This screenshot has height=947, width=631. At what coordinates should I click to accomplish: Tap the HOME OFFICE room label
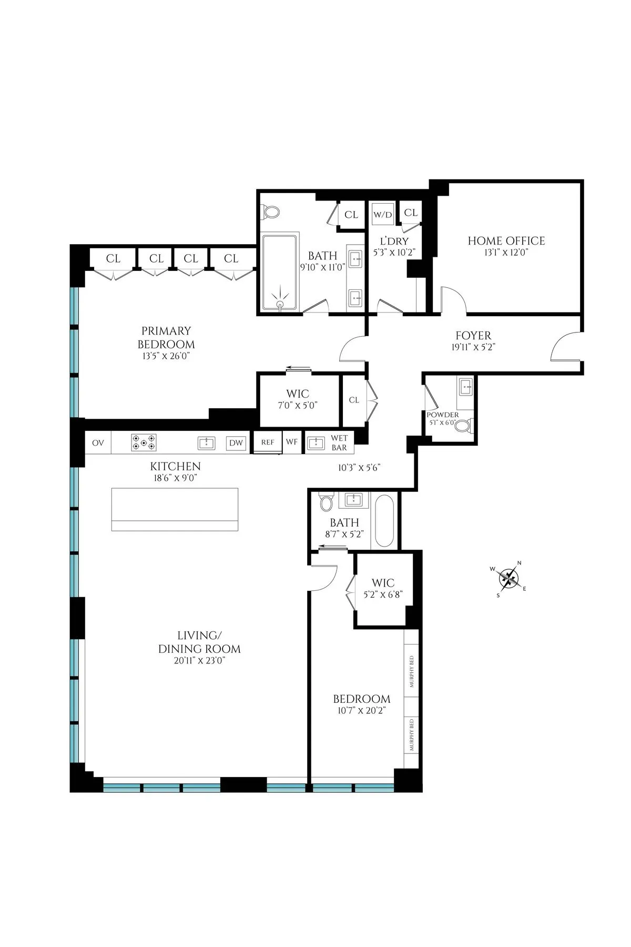(506, 241)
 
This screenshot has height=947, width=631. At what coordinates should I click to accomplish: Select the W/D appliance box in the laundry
(382, 215)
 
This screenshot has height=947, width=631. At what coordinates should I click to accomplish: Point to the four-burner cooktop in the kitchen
(144, 442)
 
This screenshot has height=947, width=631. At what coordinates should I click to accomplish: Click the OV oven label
(98, 443)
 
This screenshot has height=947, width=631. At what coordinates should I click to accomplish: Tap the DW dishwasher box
(236, 443)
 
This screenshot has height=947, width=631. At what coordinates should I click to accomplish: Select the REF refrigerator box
(268, 442)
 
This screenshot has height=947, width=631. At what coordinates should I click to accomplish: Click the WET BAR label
(339, 442)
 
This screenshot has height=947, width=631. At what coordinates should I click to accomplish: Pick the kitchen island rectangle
(175, 509)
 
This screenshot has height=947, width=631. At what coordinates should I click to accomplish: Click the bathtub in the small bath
(384, 521)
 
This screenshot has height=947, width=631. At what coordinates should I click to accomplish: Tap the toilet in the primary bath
(271, 212)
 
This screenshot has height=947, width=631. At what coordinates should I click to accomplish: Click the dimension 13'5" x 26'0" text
(166, 356)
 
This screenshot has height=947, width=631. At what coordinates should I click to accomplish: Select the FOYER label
(473, 336)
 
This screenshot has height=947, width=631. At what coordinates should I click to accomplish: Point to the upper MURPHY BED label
(412, 672)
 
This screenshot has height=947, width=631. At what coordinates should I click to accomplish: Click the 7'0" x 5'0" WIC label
(298, 406)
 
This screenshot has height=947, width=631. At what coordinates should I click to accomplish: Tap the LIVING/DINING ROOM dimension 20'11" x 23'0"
(199, 662)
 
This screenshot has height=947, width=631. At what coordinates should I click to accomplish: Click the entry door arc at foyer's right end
(565, 347)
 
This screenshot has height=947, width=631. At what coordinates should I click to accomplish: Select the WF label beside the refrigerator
(292, 442)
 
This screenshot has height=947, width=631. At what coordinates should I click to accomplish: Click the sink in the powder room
(466, 388)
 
